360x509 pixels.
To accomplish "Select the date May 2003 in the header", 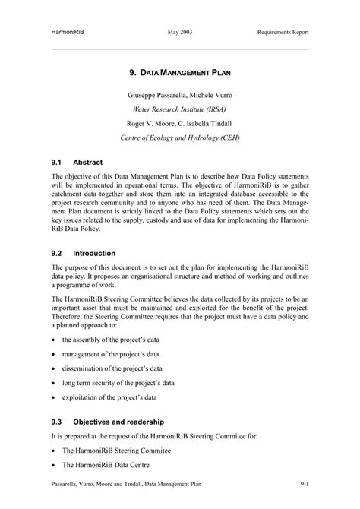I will (x=179, y=33).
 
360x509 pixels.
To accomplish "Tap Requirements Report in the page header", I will (x=283, y=33).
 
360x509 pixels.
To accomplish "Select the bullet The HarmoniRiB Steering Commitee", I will (x=116, y=451).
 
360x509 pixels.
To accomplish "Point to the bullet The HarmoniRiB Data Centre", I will (x=106, y=465).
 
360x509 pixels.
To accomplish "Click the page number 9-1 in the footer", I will (x=304, y=483).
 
